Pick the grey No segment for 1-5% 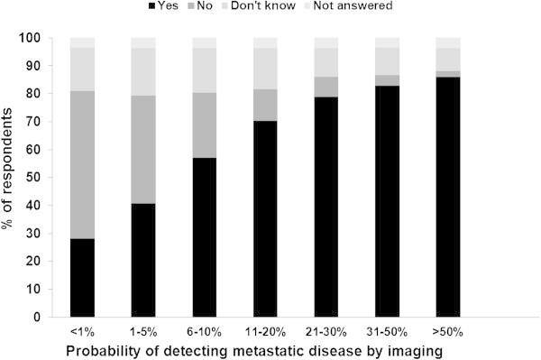point(142,150)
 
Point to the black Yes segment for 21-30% point(326,207)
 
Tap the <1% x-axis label point(82,331)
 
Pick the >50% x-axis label point(447,331)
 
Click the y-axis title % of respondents point(12,178)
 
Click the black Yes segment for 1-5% point(142,261)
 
